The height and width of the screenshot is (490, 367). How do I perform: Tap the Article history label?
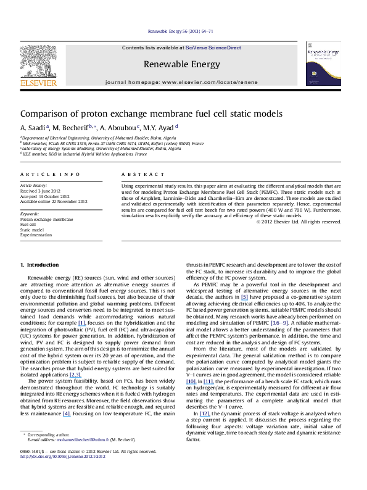(34, 185)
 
